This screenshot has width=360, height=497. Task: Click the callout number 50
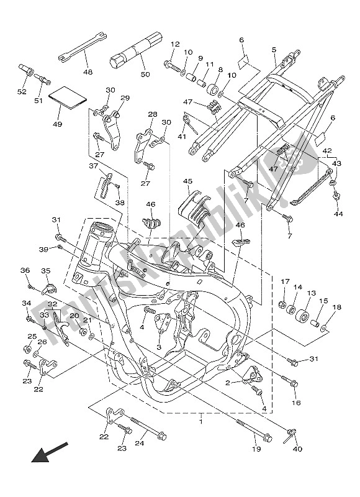[x=145, y=75]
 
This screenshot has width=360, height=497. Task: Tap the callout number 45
[x=187, y=181]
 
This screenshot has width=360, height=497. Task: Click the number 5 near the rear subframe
[x=273, y=49]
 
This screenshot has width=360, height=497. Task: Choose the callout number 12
[x=175, y=44]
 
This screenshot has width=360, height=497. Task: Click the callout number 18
[x=336, y=307]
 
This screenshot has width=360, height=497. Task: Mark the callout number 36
[x=25, y=270]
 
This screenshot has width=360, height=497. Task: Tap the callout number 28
[x=153, y=114]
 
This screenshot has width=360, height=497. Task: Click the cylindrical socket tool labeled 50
[x=134, y=52]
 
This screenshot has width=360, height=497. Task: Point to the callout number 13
[x=311, y=293]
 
